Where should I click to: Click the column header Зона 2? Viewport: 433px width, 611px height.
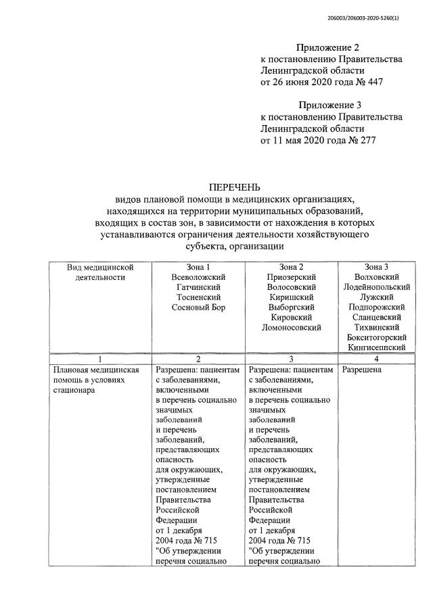(290, 267)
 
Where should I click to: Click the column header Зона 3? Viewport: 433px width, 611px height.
(376, 267)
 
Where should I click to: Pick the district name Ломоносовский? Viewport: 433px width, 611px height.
(290, 327)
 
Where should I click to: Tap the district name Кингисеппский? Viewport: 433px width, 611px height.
(376, 347)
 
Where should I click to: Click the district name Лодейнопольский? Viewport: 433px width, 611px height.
(376, 287)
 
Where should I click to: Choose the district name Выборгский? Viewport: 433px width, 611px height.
(290, 308)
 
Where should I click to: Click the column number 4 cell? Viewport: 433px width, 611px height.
(376, 360)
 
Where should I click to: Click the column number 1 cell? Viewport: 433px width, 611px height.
(101, 360)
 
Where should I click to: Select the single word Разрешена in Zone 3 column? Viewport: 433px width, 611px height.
(362, 370)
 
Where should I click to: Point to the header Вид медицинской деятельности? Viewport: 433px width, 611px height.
(101, 272)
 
